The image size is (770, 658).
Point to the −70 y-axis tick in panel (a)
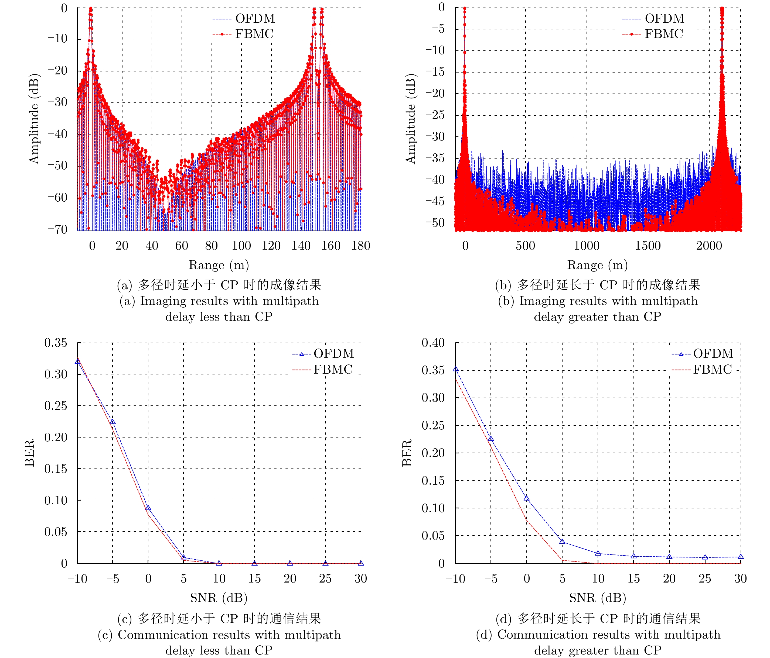[57, 229]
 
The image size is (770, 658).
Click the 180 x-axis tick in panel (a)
[360, 246]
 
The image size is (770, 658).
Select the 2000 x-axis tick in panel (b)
[709, 246]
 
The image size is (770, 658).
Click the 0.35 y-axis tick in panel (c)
[56, 343]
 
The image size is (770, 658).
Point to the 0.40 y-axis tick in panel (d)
[433, 343]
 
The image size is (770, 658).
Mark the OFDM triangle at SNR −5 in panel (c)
[113, 422]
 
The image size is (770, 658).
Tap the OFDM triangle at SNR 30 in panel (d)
[740, 557]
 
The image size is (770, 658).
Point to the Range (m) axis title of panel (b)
[597, 265]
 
